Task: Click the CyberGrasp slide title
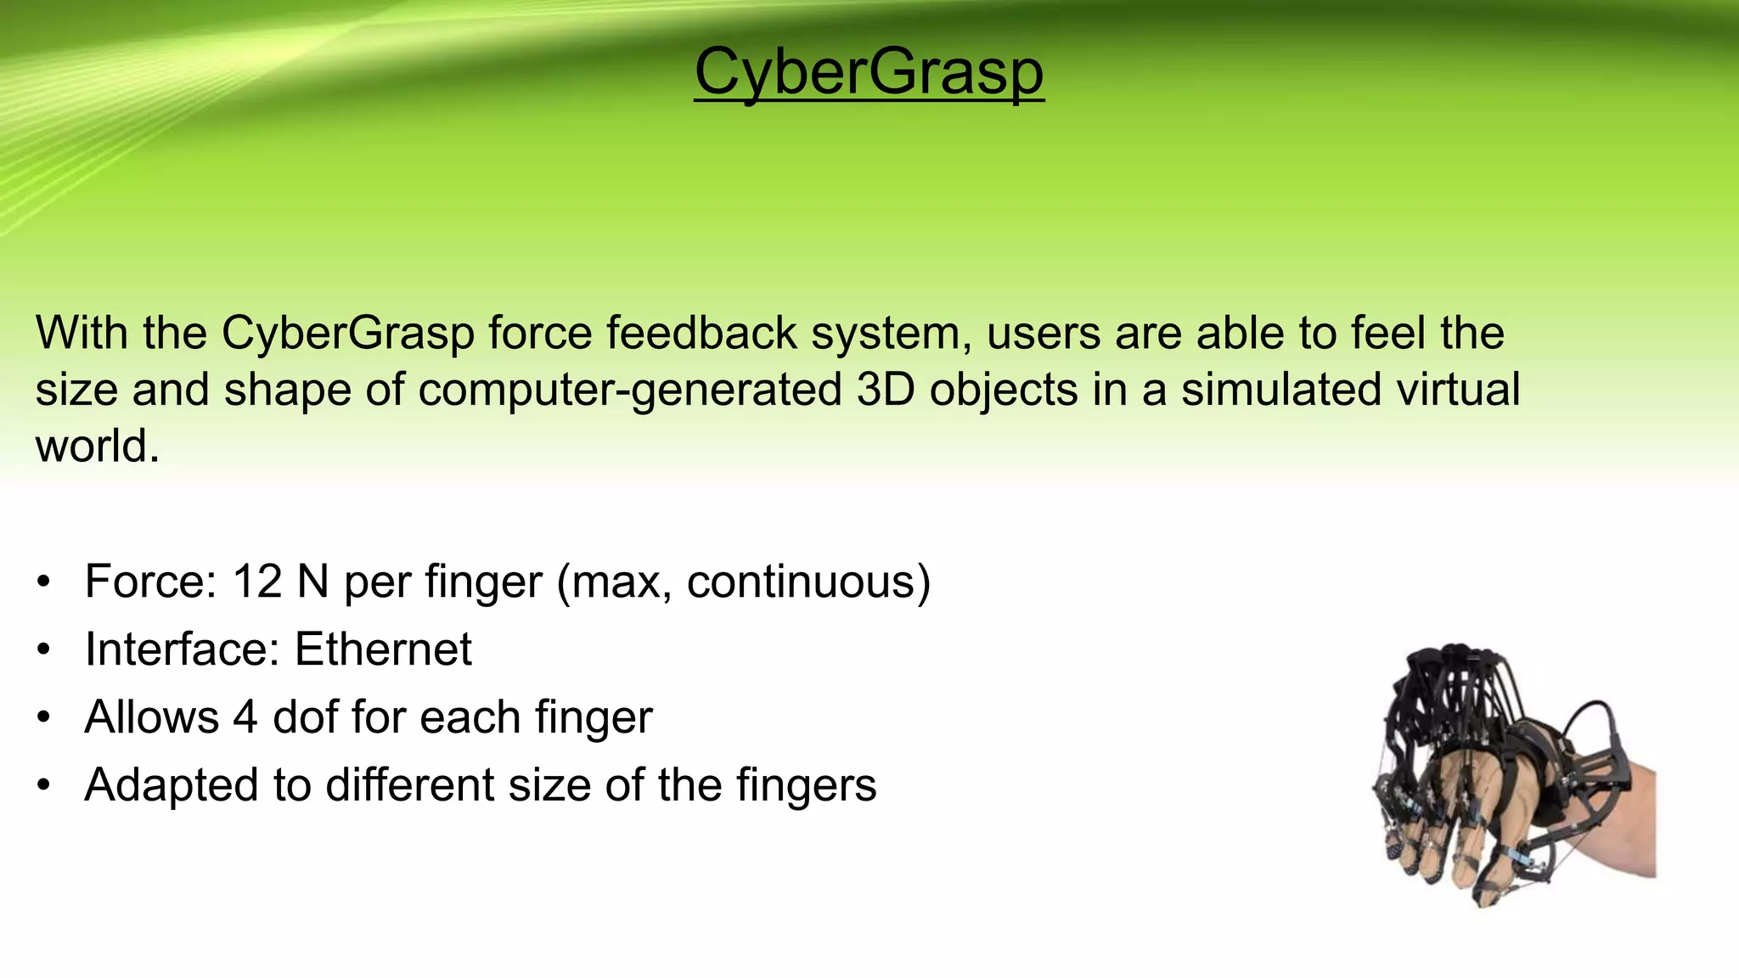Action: coord(869,73)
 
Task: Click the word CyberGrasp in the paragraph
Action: coord(347,333)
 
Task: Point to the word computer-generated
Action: coord(629,390)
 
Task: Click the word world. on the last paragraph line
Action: coord(97,446)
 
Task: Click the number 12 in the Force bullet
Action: coord(256,582)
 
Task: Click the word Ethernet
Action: coord(383,650)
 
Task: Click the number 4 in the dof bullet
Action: coord(245,717)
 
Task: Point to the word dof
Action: coord(305,717)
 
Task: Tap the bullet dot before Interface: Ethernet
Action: coord(44,651)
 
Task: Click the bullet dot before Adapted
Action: coord(44,786)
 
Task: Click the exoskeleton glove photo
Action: coord(1494,773)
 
